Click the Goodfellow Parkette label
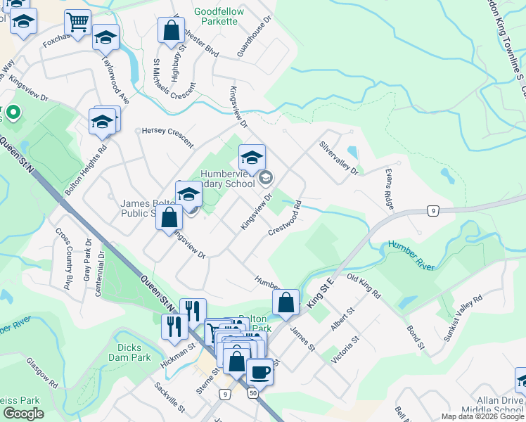coord(219,17)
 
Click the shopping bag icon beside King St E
coord(286,303)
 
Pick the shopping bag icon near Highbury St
coord(171,31)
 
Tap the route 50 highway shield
coord(252,394)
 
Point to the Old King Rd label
coord(364,286)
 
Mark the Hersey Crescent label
coord(167,137)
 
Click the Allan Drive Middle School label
coord(492,405)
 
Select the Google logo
coord(23,414)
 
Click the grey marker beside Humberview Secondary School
coord(265,177)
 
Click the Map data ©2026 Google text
coord(482,416)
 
